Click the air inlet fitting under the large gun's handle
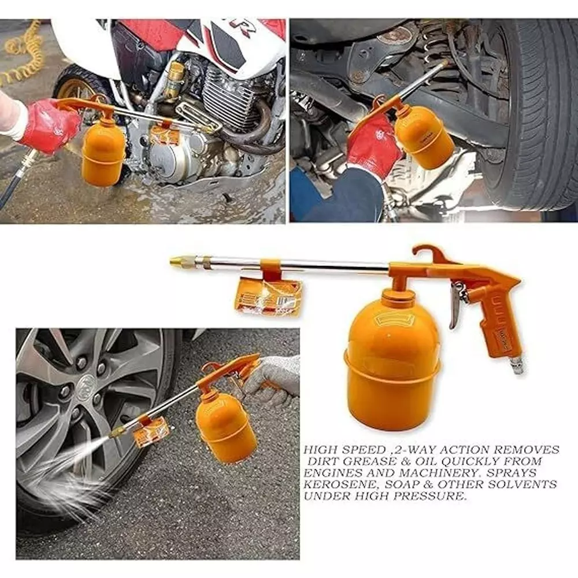(x=516, y=364)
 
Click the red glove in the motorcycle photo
(x=49, y=125)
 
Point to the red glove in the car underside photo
(x=372, y=145)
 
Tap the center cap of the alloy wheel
(x=86, y=384)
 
